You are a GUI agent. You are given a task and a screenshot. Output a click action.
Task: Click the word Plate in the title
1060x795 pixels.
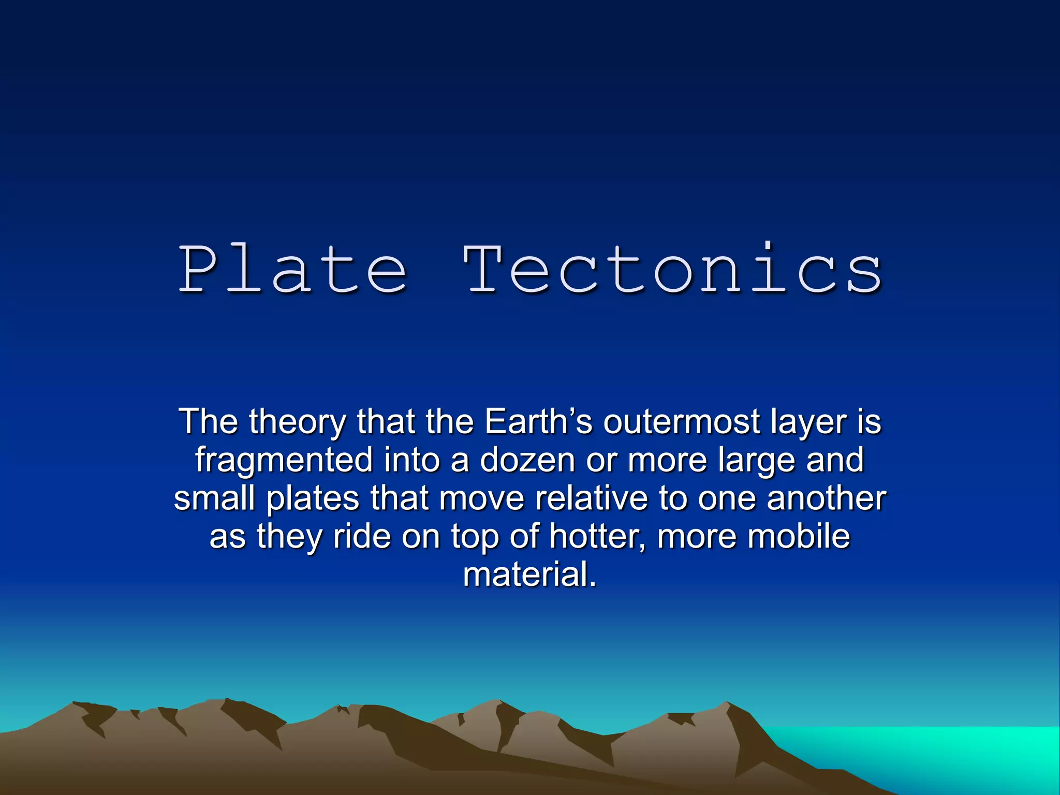tap(292, 269)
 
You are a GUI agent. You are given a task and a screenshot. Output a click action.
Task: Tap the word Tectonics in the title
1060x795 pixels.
tap(673, 269)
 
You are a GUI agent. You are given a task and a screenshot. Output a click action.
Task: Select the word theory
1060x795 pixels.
tap(297, 422)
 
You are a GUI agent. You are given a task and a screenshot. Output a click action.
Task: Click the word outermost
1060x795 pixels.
tap(681, 422)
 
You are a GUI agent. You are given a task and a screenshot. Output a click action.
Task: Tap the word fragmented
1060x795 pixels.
tap(284, 460)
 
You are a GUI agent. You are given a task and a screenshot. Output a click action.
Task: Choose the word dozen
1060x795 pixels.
tap(527, 460)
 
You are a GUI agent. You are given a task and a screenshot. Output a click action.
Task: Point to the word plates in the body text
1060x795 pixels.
tap(313, 498)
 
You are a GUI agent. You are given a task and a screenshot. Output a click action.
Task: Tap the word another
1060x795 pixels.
tap(826, 498)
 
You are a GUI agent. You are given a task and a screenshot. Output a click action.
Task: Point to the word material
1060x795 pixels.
tap(529, 575)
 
